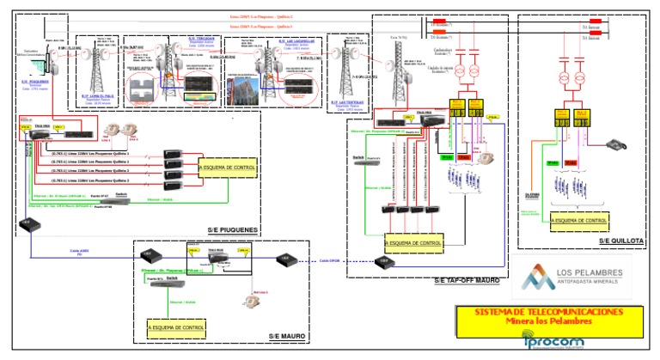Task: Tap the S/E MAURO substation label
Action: click(x=287, y=335)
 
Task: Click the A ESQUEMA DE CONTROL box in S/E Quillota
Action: click(x=583, y=221)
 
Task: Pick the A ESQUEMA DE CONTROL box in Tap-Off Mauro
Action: click(x=414, y=244)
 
